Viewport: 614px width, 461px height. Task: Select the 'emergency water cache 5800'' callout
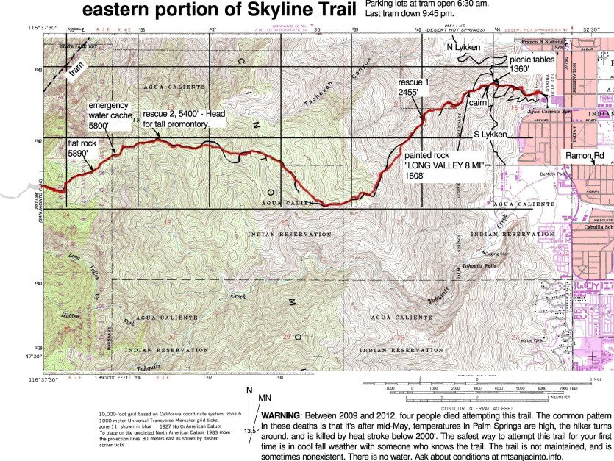pyautogui.click(x=108, y=115)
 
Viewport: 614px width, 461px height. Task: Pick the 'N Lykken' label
pyautogui.click(x=463, y=47)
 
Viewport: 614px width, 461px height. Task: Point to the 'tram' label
pyautogui.click(x=76, y=71)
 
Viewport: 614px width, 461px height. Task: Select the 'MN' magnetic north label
pyautogui.click(x=265, y=398)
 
